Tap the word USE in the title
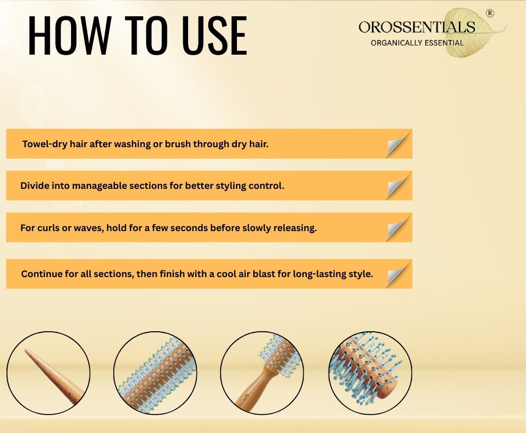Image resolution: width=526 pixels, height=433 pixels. (x=215, y=35)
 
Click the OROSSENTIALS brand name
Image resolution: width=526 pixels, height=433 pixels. (x=417, y=27)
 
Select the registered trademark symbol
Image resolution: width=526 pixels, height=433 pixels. (x=490, y=13)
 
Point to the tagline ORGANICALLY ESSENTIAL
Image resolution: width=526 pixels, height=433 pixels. (x=418, y=43)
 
